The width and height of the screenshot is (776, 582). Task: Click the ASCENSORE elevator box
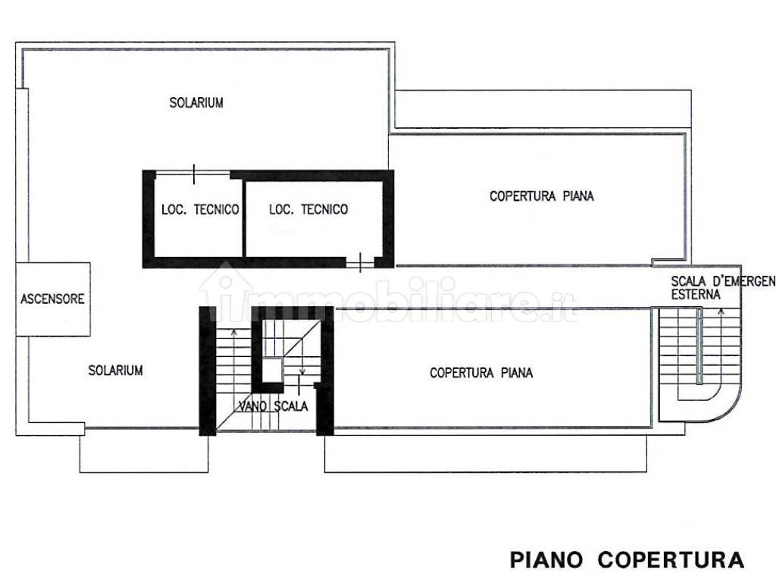click(x=53, y=299)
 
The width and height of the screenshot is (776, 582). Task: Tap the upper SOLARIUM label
click(x=196, y=102)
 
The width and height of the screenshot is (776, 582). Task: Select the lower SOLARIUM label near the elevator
click(x=115, y=370)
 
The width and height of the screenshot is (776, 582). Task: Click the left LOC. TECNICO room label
click(x=200, y=209)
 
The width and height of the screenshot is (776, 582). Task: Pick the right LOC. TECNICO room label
click(x=308, y=209)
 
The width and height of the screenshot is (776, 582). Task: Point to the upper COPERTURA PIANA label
click(x=541, y=196)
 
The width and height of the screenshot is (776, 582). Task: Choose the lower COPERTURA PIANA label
click(x=481, y=373)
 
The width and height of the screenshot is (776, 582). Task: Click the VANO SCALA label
click(x=273, y=406)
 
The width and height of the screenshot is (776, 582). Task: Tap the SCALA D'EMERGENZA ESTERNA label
click(x=723, y=287)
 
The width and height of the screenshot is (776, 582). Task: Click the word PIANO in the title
click(x=546, y=560)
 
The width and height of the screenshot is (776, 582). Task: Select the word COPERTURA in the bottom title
click(x=671, y=560)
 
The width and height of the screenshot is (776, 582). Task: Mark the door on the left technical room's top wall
click(x=193, y=174)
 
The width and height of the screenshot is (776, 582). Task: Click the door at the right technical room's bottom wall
click(x=360, y=262)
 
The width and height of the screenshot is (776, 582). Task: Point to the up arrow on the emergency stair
click(x=721, y=346)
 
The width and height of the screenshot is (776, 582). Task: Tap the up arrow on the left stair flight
click(x=233, y=371)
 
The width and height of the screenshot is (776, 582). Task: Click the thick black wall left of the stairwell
click(x=208, y=371)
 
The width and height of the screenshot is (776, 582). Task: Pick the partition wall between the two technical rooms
click(x=244, y=218)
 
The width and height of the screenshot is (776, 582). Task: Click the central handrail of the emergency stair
click(x=699, y=346)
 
